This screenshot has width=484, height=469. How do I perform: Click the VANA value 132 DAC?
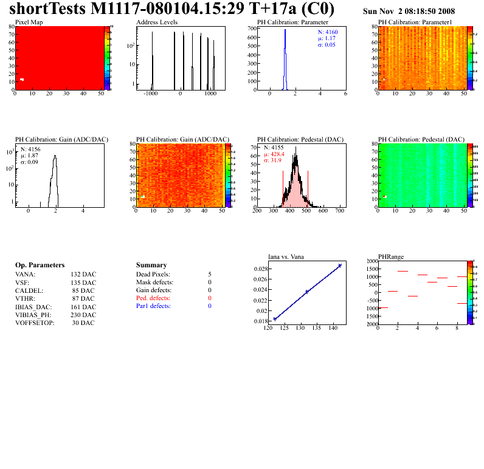pos(83,275)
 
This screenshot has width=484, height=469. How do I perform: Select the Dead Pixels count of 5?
pos(209,275)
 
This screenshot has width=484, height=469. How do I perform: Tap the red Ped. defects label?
pos(153,298)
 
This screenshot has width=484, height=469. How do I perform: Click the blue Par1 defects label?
pos(153,306)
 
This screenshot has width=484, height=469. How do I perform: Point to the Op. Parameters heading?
pos(40,265)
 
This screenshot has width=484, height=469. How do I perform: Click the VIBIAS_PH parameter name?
pos(33,315)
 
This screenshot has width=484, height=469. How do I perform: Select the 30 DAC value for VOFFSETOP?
pos(83,323)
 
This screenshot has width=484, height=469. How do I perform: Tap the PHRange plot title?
pos(391,257)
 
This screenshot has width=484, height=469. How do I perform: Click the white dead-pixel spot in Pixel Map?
pos(22,80)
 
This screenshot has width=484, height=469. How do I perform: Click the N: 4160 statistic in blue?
pos(328,32)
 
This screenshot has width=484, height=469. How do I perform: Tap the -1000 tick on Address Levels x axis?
pos(151,94)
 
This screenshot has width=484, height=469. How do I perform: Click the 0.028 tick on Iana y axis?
pos(261,269)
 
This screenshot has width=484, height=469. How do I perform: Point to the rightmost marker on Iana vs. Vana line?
pos(340,265)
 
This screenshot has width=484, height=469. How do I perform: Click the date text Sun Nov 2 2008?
pos(409,12)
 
